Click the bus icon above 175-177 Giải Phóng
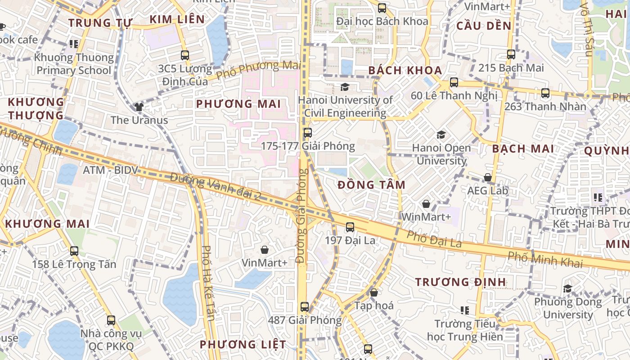tap(308, 133)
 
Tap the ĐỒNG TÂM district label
tap(371, 185)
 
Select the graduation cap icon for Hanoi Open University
tap(441, 135)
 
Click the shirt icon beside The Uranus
tap(139, 107)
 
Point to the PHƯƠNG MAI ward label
tap(238, 104)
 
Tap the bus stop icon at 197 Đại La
tap(350, 227)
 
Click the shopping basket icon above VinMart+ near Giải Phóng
tap(265, 249)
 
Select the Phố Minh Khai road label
tap(545, 260)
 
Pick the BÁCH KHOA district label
tap(405, 70)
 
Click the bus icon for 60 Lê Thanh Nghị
tap(454, 82)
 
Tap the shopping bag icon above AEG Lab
tap(487, 177)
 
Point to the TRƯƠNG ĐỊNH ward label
tap(460, 282)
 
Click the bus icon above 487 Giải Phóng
tap(305, 307)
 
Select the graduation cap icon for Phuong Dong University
tap(567, 288)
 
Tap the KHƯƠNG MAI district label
tap(47, 224)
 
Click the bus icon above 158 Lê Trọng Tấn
tap(74, 251)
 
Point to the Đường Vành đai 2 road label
tap(216, 186)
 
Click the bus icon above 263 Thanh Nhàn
tap(545, 93)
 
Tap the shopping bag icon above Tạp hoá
tap(373, 292)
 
